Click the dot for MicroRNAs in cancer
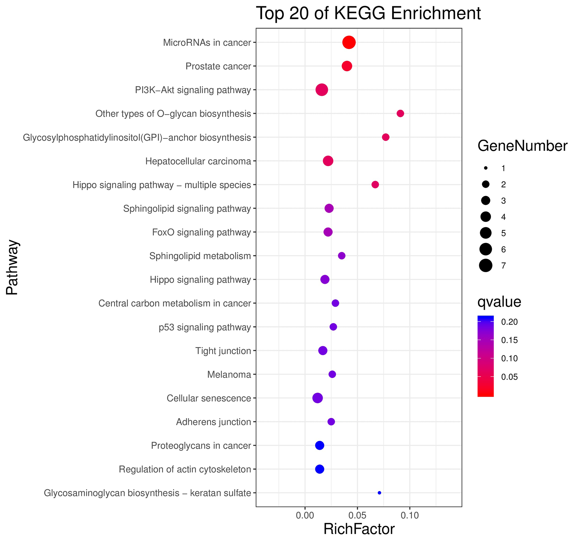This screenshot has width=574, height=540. point(349,42)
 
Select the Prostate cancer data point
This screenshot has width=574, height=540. point(347,66)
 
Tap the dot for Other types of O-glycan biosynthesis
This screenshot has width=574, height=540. point(400,114)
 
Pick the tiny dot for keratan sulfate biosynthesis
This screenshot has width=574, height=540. point(379,493)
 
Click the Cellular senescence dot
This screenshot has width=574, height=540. point(317,398)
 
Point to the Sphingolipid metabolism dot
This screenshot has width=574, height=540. point(342,256)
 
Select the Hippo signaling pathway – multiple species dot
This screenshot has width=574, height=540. point(375,184)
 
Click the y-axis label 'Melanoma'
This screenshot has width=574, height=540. point(229,374)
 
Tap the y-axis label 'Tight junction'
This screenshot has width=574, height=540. point(223,351)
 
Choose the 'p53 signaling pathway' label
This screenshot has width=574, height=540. point(205,327)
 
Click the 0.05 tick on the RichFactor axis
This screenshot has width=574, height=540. point(357,515)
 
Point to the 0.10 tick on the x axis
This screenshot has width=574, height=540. point(409,515)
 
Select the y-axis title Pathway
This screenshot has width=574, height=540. point(12,267)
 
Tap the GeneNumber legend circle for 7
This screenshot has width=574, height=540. point(486,266)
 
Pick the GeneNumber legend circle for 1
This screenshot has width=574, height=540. point(486,168)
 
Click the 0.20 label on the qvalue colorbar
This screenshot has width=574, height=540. point(509,322)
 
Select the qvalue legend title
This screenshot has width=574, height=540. point(499,302)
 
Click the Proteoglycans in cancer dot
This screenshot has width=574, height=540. point(319,446)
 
